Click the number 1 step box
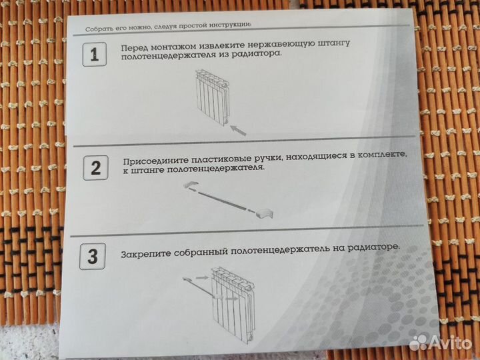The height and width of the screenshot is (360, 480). (x=94, y=55)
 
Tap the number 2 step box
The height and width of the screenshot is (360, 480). (x=95, y=167)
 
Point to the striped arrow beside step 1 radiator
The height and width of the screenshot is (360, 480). (x=237, y=130)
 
